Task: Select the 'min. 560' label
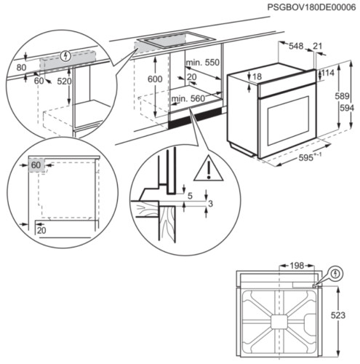(187, 98)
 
